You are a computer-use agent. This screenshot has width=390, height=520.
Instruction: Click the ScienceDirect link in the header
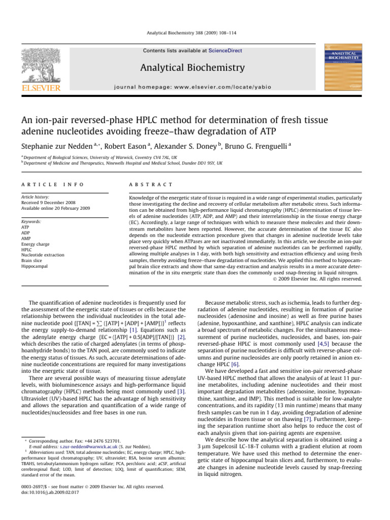coord(227,51)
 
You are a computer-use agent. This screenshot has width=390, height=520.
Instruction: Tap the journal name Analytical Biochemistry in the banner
coord(195,68)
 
